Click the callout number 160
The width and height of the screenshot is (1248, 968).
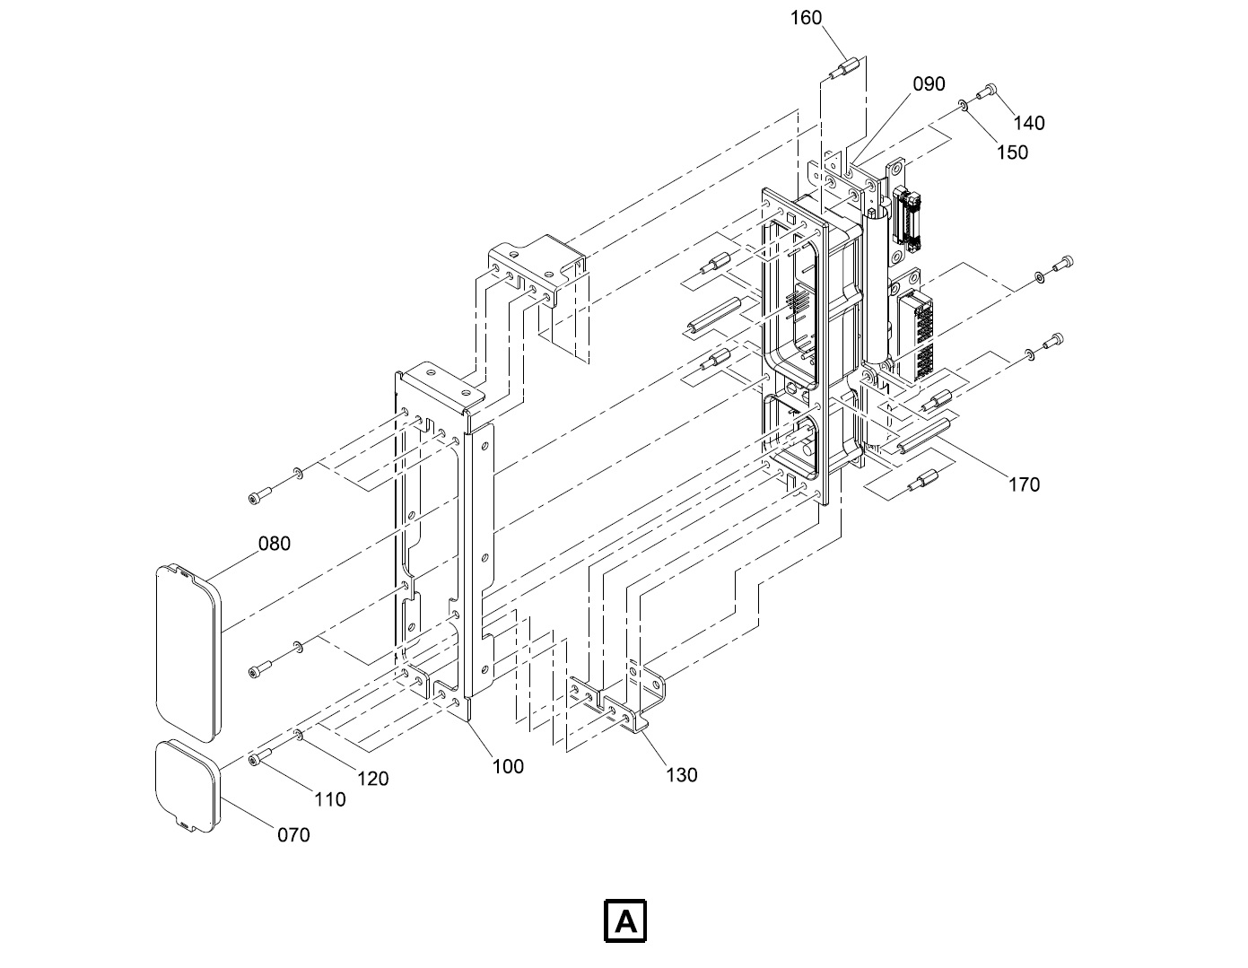(x=806, y=18)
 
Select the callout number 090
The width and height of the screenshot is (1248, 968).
(x=929, y=84)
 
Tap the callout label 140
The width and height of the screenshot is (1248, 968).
(x=1029, y=123)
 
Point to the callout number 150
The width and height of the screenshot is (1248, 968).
(x=1012, y=153)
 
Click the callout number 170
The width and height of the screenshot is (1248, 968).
(x=1024, y=485)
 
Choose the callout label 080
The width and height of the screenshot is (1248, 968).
(x=275, y=544)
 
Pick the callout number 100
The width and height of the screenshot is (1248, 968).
(x=508, y=766)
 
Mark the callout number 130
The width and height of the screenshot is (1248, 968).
(x=681, y=775)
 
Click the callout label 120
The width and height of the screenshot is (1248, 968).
(x=372, y=779)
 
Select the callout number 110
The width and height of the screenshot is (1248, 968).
(x=329, y=799)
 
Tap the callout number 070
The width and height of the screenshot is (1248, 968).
(x=293, y=835)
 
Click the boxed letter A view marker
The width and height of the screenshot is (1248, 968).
(x=625, y=921)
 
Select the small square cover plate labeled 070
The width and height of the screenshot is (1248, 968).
(x=187, y=785)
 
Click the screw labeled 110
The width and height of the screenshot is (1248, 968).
(x=259, y=760)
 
